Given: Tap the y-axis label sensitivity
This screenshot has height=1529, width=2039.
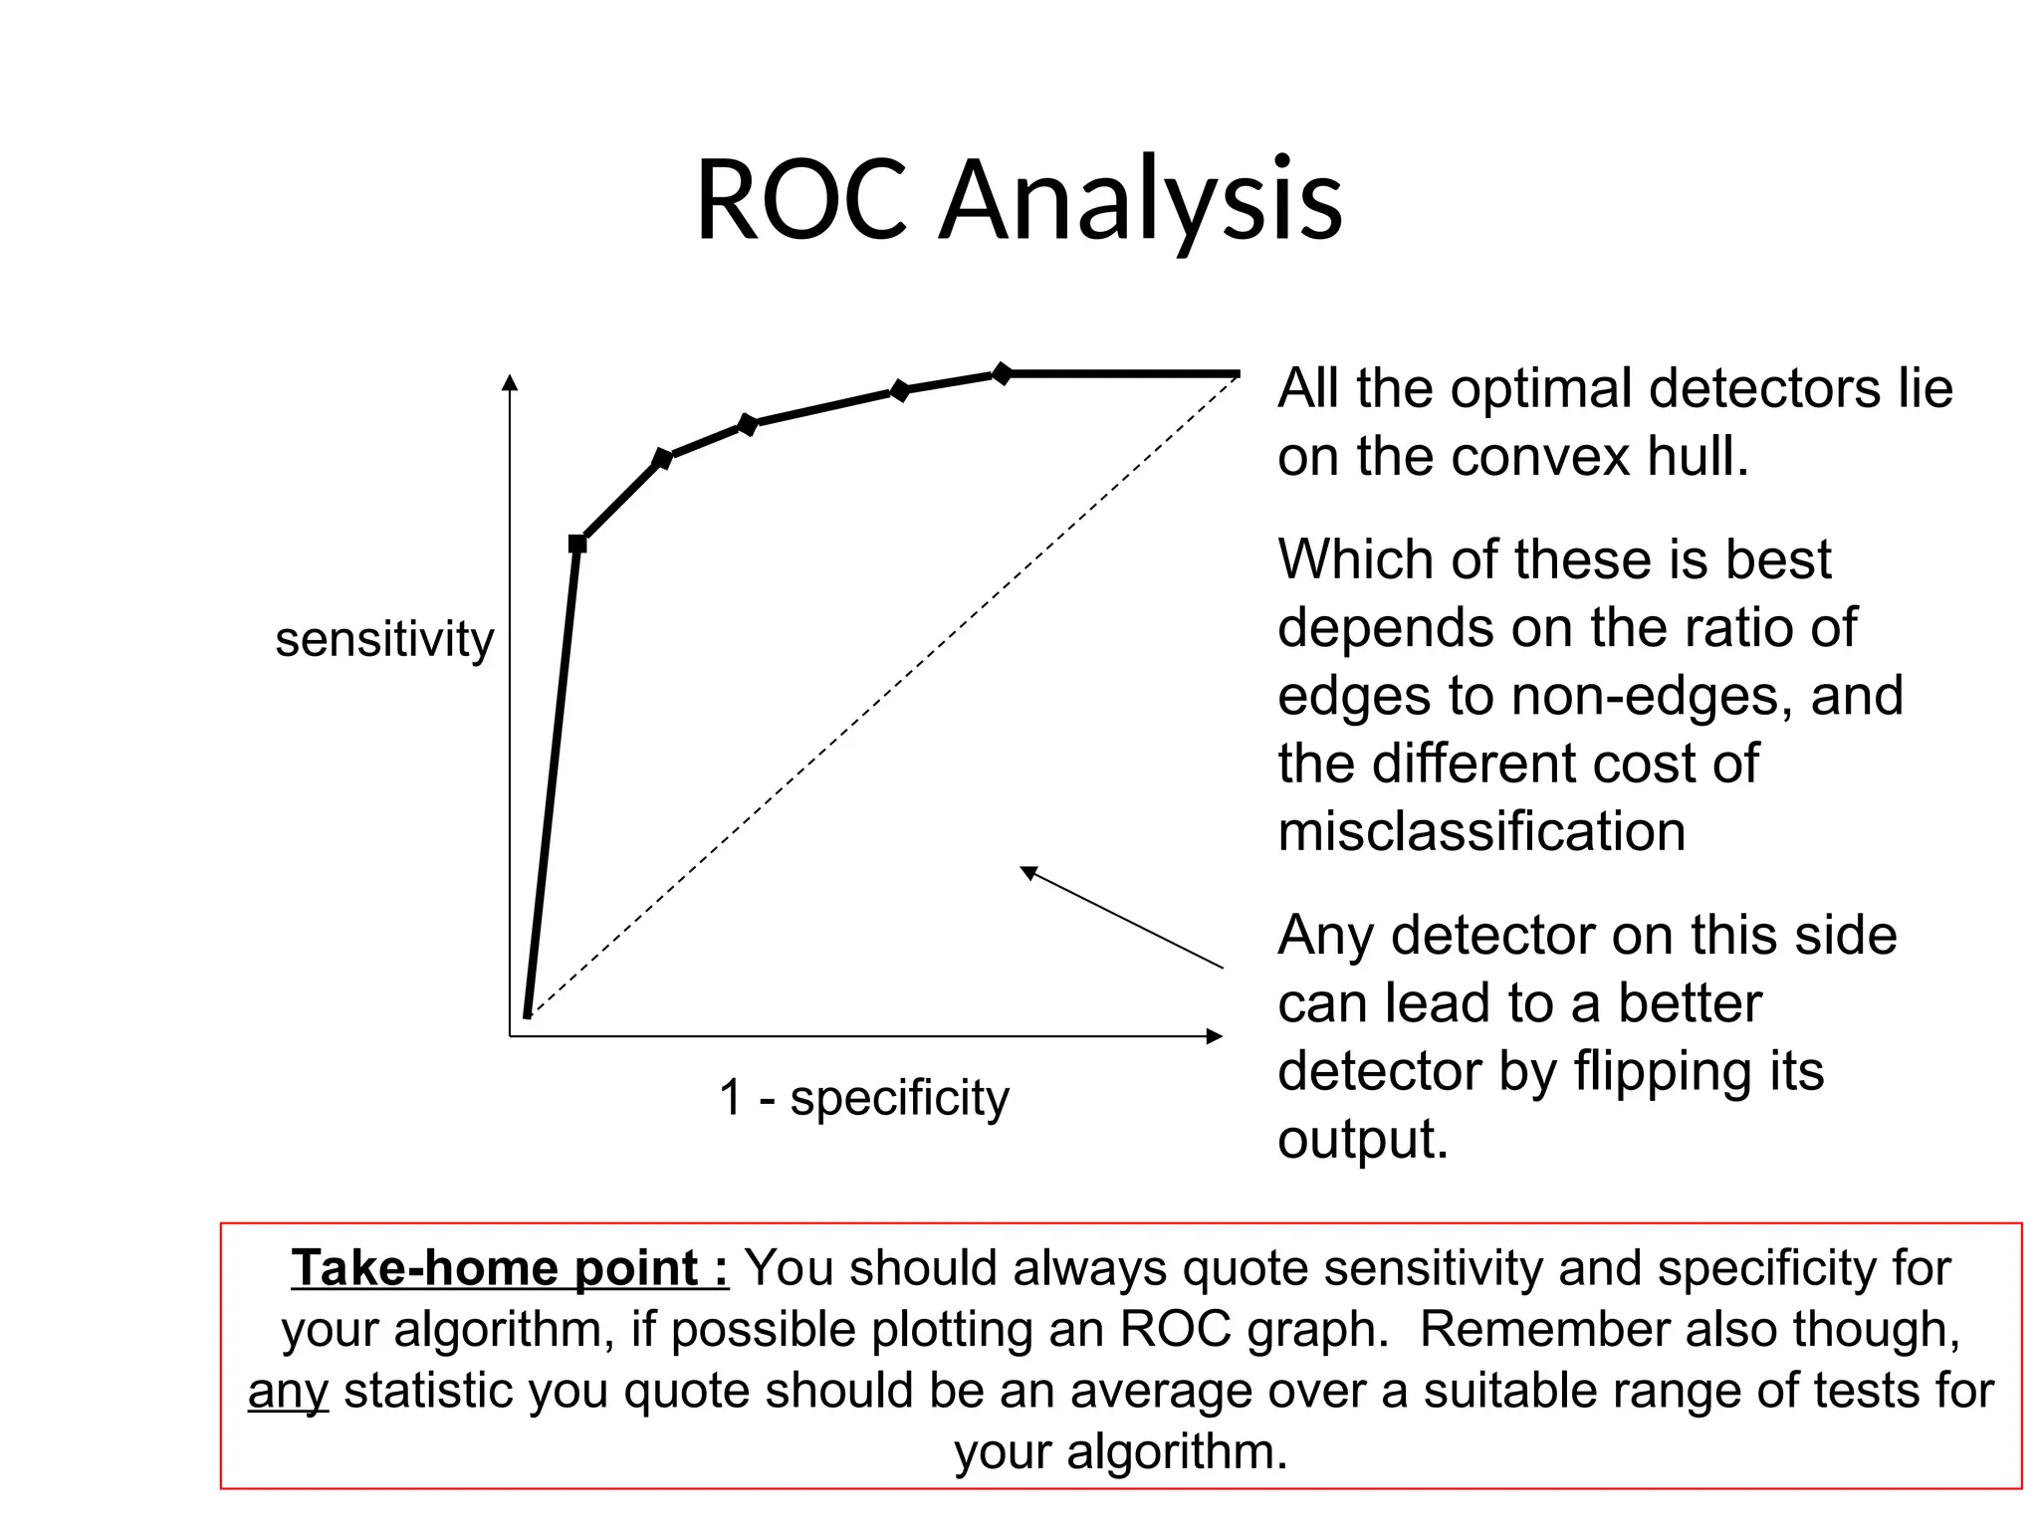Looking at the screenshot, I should (x=384, y=639).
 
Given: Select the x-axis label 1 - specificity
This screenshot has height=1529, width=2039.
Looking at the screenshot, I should (x=863, y=1098).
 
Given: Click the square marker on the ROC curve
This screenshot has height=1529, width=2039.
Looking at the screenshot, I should (x=577, y=544).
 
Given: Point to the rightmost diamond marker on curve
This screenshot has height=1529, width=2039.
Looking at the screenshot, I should (x=1002, y=373).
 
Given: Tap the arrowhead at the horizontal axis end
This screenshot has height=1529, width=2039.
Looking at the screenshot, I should (x=1214, y=1036).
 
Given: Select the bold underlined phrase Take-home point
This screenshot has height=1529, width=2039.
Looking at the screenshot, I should (x=509, y=1268).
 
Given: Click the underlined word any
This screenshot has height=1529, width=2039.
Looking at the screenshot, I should (x=288, y=1392).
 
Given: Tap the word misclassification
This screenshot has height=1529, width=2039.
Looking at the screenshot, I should (x=1481, y=831).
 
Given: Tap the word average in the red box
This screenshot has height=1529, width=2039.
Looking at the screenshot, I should (x=1166, y=1392).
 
